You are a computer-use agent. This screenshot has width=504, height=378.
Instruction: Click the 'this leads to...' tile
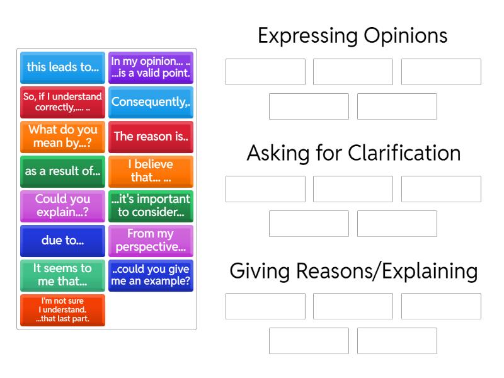[62, 67]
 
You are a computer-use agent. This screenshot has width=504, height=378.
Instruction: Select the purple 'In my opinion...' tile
[151, 67]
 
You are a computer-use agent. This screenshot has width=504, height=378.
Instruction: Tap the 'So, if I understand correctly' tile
[62, 102]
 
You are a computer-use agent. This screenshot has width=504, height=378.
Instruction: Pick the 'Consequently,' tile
[151, 102]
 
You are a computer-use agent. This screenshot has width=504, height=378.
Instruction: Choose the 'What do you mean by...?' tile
[62, 137]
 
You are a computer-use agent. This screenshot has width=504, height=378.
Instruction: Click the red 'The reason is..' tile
[151, 137]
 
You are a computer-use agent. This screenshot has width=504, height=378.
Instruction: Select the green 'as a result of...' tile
[62, 171]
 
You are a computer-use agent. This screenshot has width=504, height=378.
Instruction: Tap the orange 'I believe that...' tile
[151, 171]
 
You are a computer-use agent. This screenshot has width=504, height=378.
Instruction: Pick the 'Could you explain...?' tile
[62, 207]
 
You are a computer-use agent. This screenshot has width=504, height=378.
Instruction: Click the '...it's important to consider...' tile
[151, 207]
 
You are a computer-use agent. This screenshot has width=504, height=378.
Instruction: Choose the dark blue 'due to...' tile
[62, 241]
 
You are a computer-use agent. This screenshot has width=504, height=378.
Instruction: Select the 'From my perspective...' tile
[151, 241]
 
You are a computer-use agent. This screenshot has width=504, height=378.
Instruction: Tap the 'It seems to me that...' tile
[62, 276]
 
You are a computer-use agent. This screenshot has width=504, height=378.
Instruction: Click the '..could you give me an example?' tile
[151, 276]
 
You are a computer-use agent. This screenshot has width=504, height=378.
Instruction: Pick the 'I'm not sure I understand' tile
[62, 311]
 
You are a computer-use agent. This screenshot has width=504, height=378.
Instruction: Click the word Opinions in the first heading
[406, 36]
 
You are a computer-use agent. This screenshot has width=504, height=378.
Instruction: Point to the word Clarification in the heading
[404, 152]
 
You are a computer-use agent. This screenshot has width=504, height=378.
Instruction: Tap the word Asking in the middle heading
[278, 154]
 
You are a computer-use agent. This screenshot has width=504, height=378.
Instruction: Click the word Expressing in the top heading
[307, 37]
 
